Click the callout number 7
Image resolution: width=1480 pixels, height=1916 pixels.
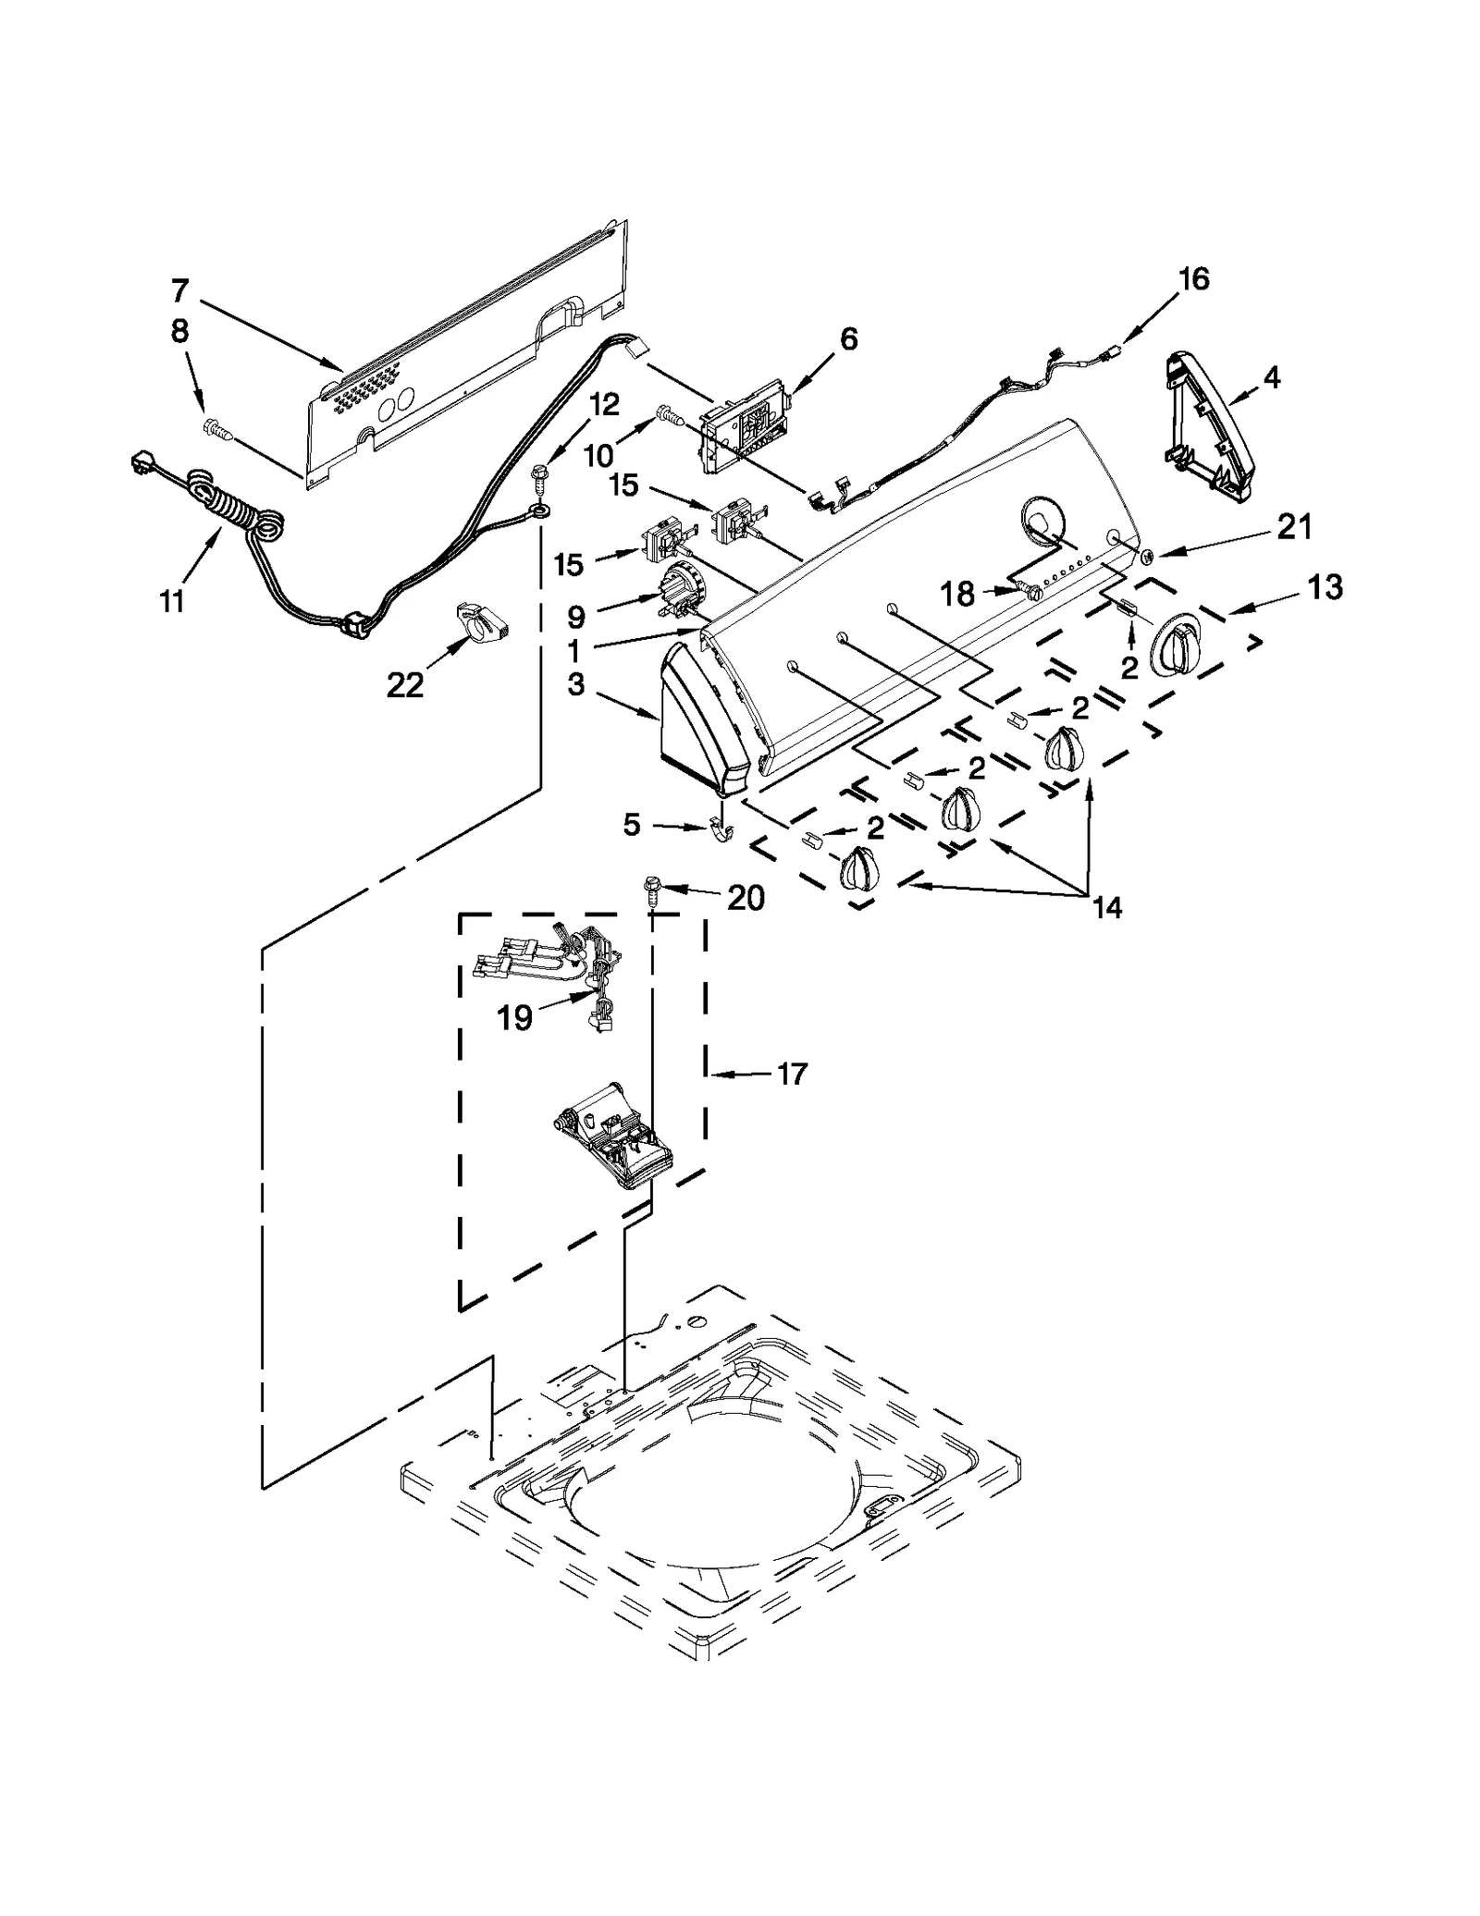[x=179, y=291]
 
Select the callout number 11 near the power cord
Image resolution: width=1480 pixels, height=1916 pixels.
[x=172, y=602]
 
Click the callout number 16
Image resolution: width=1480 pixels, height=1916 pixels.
[x=1194, y=278]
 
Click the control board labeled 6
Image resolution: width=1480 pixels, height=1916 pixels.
[x=747, y=428]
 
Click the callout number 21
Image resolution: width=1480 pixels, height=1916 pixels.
[x=1294, y=527]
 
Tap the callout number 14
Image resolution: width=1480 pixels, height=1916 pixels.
[x=1106, y=908]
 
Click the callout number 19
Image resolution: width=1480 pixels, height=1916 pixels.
[x=514, y=1018]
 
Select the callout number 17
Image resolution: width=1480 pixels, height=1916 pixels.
[x=792, y=1074]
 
